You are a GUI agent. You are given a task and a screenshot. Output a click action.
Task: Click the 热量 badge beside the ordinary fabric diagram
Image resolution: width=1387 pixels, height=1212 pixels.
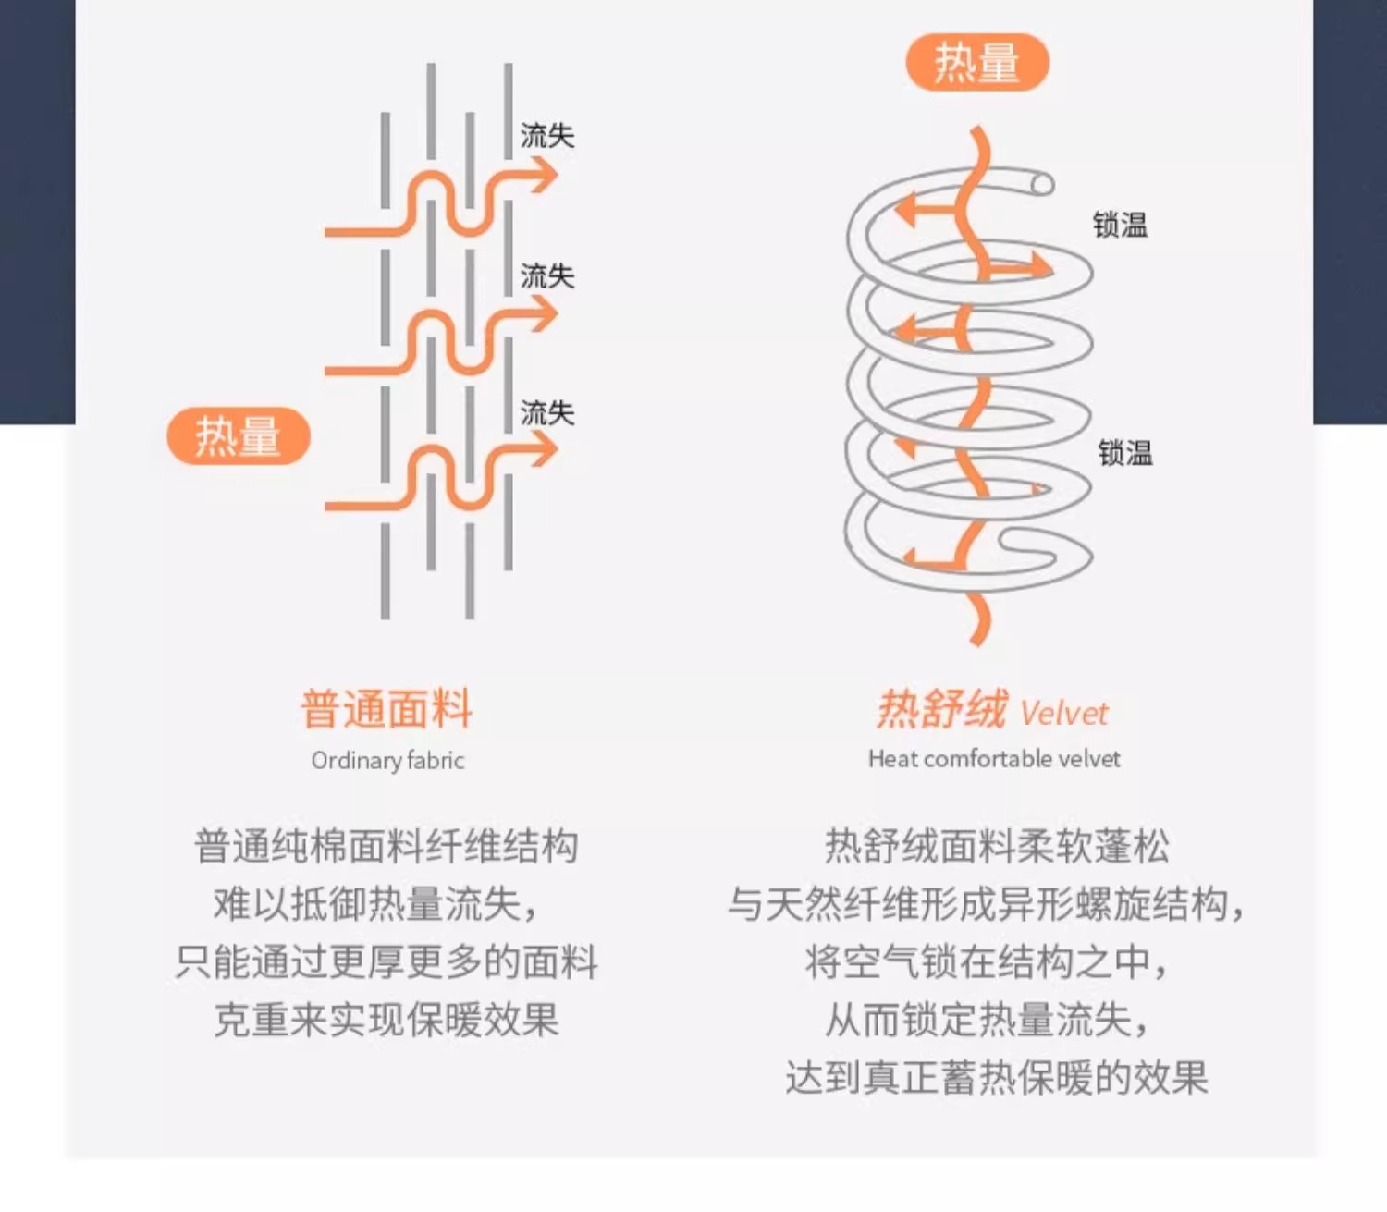click(238, 435)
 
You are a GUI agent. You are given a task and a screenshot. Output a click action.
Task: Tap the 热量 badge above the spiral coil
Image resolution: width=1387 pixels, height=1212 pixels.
click(976, 63)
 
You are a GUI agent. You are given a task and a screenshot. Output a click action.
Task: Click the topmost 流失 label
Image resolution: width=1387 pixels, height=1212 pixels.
click(546, 136)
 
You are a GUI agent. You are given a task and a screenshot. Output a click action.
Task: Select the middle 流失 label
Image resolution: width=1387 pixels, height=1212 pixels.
click(546, 275)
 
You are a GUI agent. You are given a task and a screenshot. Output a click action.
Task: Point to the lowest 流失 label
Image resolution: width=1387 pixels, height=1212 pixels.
click(546, 412)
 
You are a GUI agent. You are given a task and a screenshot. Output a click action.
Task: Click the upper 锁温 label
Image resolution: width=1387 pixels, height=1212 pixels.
click(1120, 225)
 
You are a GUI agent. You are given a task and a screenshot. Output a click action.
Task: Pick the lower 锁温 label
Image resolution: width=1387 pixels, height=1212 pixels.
click(1124, 453)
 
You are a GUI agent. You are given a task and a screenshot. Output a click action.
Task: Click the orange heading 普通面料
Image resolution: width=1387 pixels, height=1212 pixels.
click(387, 710)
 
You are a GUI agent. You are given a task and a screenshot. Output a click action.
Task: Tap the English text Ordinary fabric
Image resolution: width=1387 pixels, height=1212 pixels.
click(387, 761)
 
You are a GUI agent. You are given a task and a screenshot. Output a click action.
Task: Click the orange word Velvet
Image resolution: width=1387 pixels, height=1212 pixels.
click(1063, 714)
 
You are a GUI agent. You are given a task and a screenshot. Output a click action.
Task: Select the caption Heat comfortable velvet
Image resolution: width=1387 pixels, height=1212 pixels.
click(994, 759)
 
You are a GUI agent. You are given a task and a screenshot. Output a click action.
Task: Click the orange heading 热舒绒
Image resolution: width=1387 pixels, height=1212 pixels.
click(941, 710)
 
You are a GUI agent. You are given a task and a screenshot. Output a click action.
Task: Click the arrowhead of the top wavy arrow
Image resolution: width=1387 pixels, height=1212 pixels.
click(546, 175)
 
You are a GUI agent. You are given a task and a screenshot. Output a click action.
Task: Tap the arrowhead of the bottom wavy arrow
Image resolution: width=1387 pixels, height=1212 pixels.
click(546, 450)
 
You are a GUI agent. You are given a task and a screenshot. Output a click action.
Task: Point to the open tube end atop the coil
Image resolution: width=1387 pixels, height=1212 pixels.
click(1042, 184)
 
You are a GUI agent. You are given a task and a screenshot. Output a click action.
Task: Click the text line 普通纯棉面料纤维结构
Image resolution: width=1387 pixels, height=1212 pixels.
click(387, 846)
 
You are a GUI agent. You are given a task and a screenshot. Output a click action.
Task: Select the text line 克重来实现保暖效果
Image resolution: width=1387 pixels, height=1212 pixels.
click(387, 1020)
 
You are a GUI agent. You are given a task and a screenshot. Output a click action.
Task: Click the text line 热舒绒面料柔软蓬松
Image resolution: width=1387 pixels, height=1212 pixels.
click(996, 846)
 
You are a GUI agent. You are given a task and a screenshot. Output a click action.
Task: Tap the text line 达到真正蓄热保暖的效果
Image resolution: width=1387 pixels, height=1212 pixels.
click(996, 1078)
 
